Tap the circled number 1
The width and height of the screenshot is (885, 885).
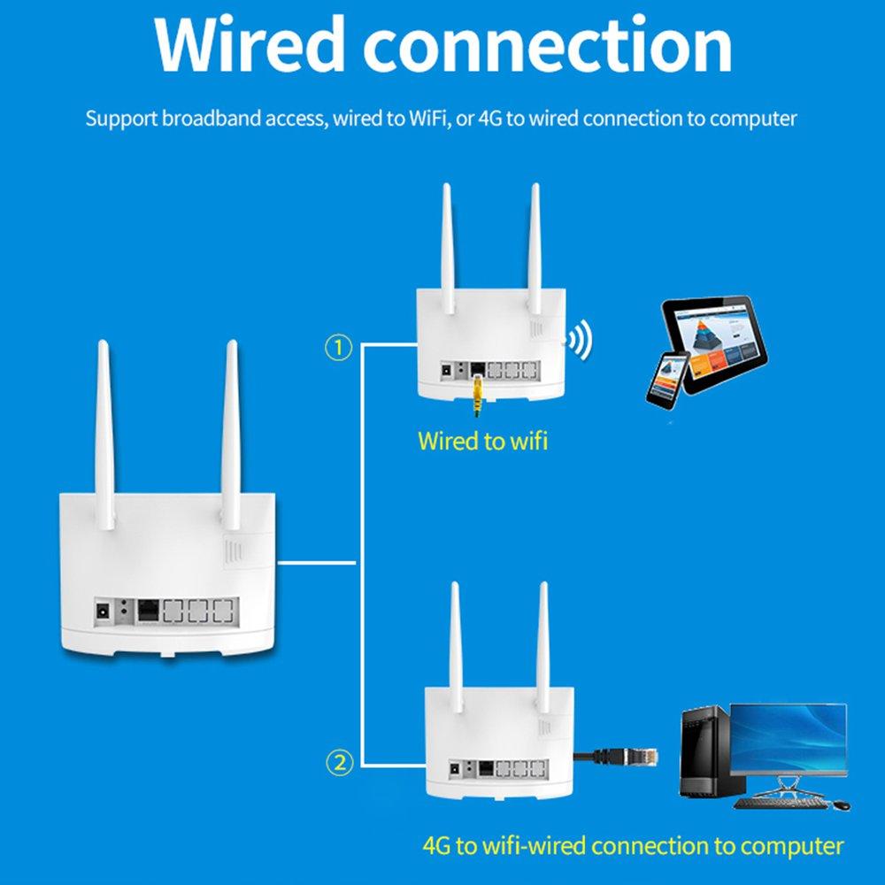coord(339,348)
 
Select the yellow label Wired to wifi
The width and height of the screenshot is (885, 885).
coord(482,440)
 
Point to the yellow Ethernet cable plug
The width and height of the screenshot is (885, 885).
coord(477,395)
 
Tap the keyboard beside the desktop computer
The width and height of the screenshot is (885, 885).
coord(779,804)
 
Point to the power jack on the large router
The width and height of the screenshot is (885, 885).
coord(104,611)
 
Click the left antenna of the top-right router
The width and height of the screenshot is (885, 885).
coord(448,248)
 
